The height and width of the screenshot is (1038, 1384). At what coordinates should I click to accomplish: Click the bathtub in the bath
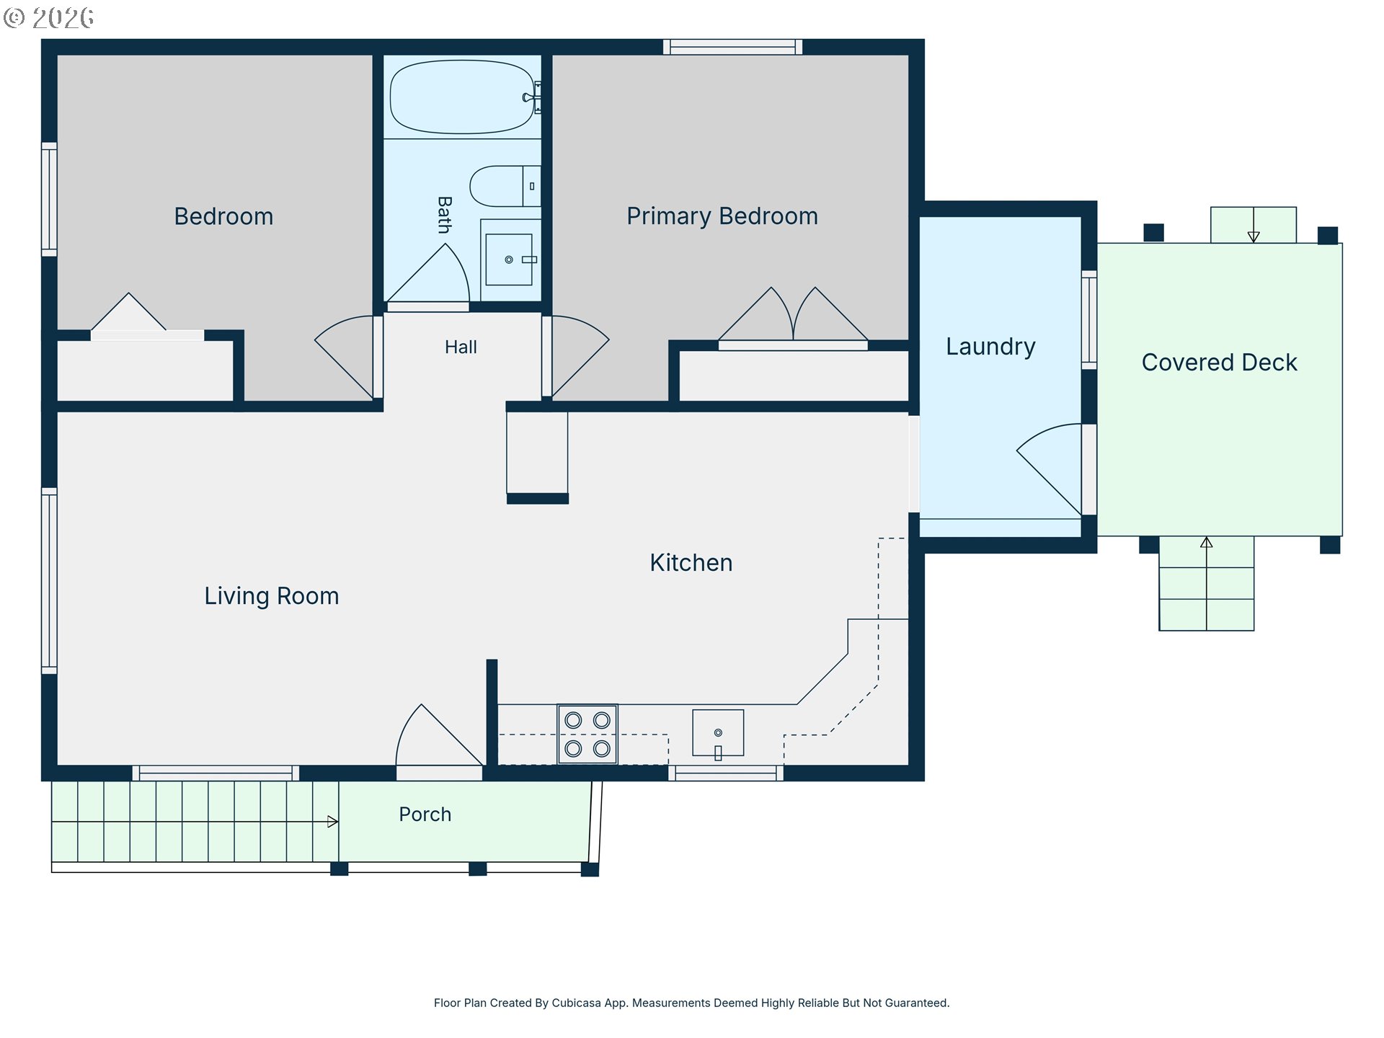pos(462,97)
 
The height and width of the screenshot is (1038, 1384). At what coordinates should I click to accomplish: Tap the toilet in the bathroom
pos(505,186)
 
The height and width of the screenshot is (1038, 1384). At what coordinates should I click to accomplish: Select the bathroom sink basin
pos(509,259)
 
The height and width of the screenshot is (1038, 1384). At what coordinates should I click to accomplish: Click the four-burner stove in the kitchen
pos(587,734)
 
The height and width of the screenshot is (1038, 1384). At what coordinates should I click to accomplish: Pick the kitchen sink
pos(718,733)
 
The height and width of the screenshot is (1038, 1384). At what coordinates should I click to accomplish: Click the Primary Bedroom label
pos(722,216)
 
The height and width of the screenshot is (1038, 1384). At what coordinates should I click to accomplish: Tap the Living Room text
pos(272,596)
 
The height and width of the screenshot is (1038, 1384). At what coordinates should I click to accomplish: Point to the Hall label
pos(461,347)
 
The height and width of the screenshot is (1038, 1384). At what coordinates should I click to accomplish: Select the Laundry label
pos(990,347)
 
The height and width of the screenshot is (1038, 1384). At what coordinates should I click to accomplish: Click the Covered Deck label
pos(1219,362)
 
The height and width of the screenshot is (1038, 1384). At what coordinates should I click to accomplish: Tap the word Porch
pos(425,815)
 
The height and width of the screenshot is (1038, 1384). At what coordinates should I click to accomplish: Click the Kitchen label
pos(691,563)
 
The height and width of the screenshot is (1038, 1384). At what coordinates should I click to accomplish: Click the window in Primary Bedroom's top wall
pos(732,47)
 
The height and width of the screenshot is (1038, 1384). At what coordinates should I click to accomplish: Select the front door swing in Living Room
pos(438,735)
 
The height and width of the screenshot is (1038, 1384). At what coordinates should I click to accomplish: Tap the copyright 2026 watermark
pos(48,18)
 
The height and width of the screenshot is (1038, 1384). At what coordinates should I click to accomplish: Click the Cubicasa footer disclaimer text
pos(691,1003)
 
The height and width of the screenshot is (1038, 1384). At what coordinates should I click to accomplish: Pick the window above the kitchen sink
pos(726,773)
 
